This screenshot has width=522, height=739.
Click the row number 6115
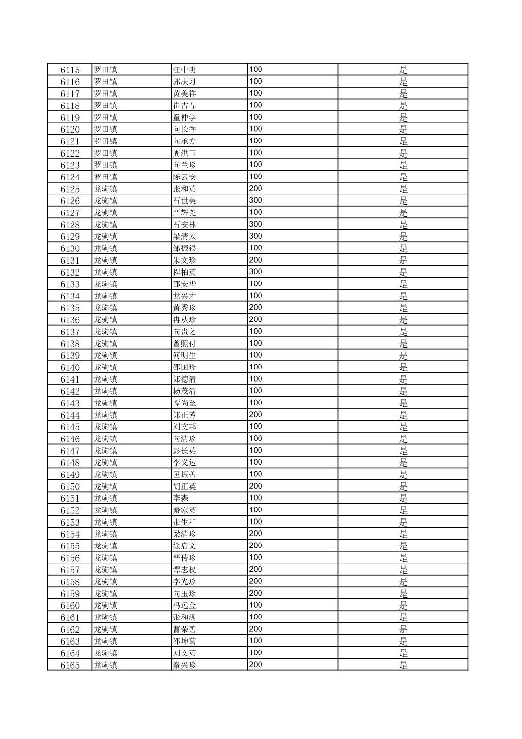click(70, 70)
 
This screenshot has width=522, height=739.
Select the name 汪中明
click(184, 70)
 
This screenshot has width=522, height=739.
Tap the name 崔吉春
click(184, 106)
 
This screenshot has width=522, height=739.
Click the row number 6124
click(70, 177)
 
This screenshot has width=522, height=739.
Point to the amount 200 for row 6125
click(256, 189)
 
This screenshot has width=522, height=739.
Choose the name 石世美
click(184, 201)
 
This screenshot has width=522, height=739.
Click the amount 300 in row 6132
click(256, 272)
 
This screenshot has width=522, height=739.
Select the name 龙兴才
click(184, 296)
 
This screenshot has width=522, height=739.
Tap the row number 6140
click(70, 368)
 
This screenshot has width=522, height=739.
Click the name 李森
click(180, 498)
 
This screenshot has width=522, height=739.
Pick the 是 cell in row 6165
click(403, 665)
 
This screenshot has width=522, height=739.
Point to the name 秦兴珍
click(184, 665)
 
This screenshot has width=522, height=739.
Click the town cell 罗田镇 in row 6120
click(105, 129)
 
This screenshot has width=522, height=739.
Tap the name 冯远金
click(184, 605)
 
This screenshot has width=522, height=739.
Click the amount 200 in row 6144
click(256, 415)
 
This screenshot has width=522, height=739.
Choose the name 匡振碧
click(184, 475)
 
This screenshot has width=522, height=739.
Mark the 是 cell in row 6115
click(403, 70)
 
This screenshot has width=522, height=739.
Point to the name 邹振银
click(184, 248)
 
